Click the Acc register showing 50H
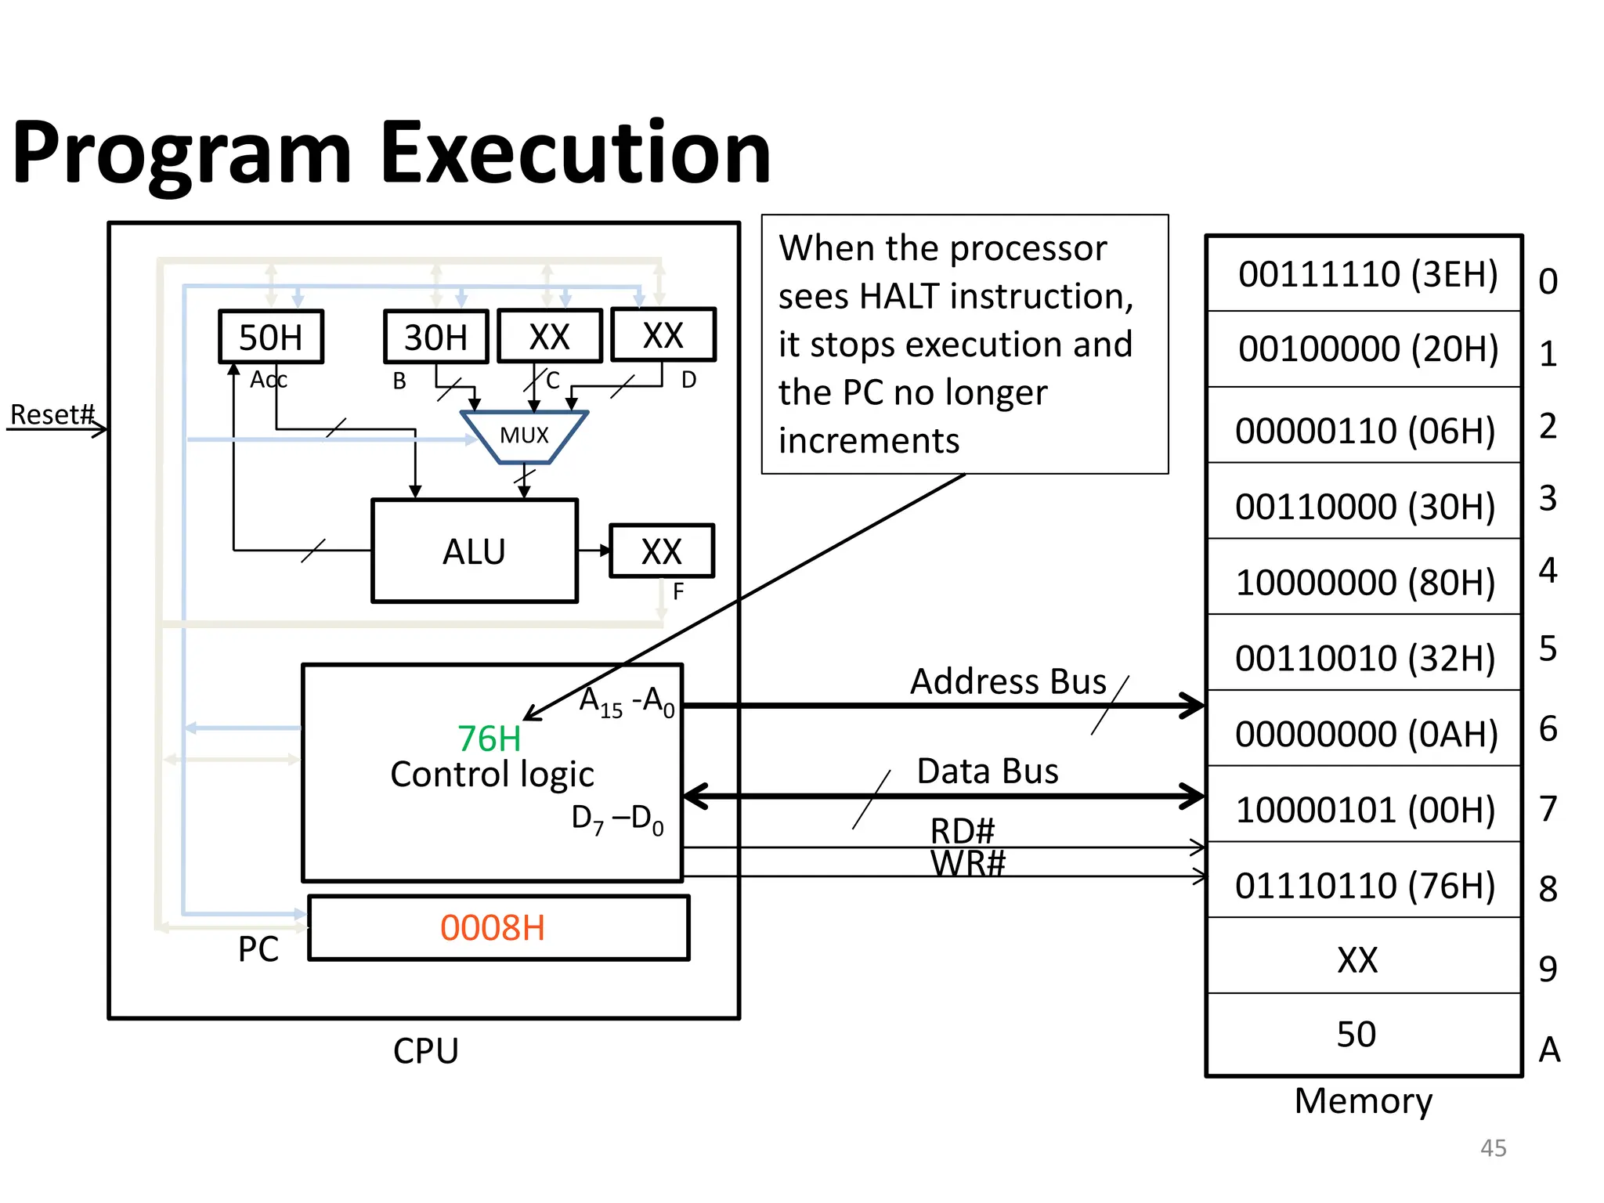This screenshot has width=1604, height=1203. (270, 338)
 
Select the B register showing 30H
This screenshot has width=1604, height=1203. (435, 338)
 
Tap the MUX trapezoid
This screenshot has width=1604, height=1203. (524, 435)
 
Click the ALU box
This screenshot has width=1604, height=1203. (475, 551)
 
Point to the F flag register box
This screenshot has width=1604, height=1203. (662, 551)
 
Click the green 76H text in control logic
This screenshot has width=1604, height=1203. (490, 739)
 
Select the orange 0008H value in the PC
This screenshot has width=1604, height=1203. (493, 928)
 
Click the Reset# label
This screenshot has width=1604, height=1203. (52, 414)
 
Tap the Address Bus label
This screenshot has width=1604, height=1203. (1008, 681)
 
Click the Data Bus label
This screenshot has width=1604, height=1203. (988, 771)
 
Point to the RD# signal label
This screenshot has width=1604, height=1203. (963, 830)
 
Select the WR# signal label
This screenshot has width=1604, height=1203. (968, 864)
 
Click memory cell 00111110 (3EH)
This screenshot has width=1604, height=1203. (1367, 274)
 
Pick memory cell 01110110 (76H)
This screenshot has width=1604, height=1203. (1365, 886)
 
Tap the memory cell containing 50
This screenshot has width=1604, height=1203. (1356, 1035)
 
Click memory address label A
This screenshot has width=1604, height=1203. (1549, 1049)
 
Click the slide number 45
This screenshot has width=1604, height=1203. (1493, 1148)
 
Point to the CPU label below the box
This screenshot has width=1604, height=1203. (425, 1051)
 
